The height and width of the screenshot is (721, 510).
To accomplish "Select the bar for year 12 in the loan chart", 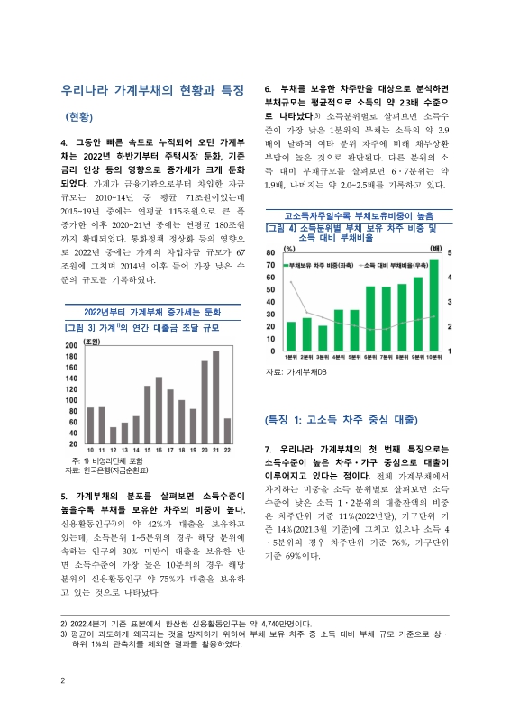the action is (x=112, y=435).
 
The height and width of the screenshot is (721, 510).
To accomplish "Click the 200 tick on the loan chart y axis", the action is (x=71, y=346).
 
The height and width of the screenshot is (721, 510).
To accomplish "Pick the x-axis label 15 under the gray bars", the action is (x=147, y=450).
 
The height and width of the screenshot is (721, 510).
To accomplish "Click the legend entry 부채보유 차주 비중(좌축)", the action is (x=321, y=241).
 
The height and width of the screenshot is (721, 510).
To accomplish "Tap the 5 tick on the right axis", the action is (x=450, y=228).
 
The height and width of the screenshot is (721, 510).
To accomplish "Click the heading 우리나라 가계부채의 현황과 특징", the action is (x=152, y=90).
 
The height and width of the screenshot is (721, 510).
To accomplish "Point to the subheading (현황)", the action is (x=79, y=117).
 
